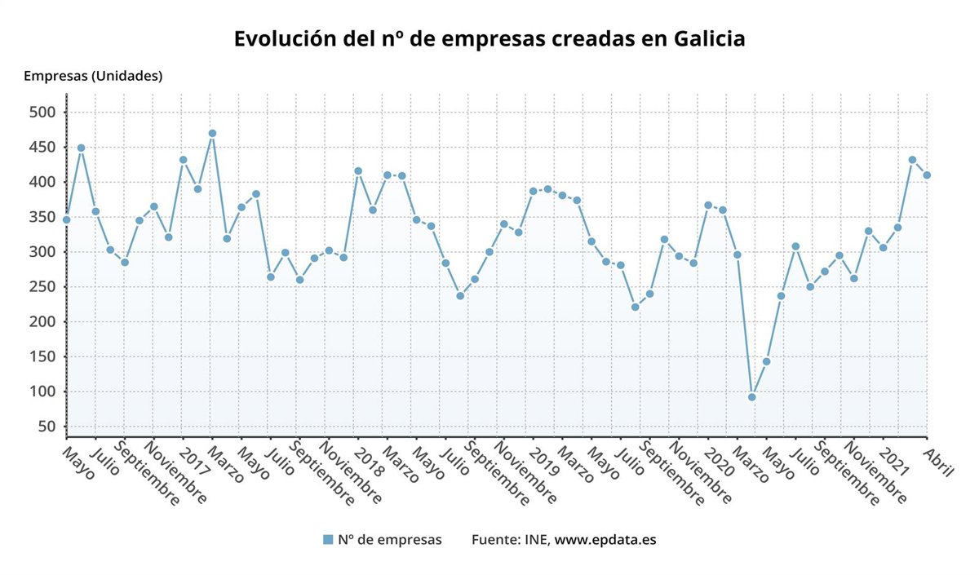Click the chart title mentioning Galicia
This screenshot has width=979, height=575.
point(489,39)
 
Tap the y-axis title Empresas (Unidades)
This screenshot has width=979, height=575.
point(93,76)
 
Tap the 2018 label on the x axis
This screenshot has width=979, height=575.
point(370,457)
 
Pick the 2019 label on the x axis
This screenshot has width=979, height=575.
point(545,457)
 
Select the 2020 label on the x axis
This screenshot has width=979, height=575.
point(720,457)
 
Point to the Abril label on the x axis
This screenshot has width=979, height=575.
point(940,461)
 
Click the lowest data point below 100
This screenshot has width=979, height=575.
point(751,397)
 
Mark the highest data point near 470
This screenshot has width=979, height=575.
point(212,133)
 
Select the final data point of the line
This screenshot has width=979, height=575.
point(927,175)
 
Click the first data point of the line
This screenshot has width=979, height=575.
point(66,219)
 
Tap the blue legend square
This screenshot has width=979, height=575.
point(328,539)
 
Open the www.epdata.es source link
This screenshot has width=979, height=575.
point(605,539)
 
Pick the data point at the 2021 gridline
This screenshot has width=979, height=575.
point(897,228)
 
